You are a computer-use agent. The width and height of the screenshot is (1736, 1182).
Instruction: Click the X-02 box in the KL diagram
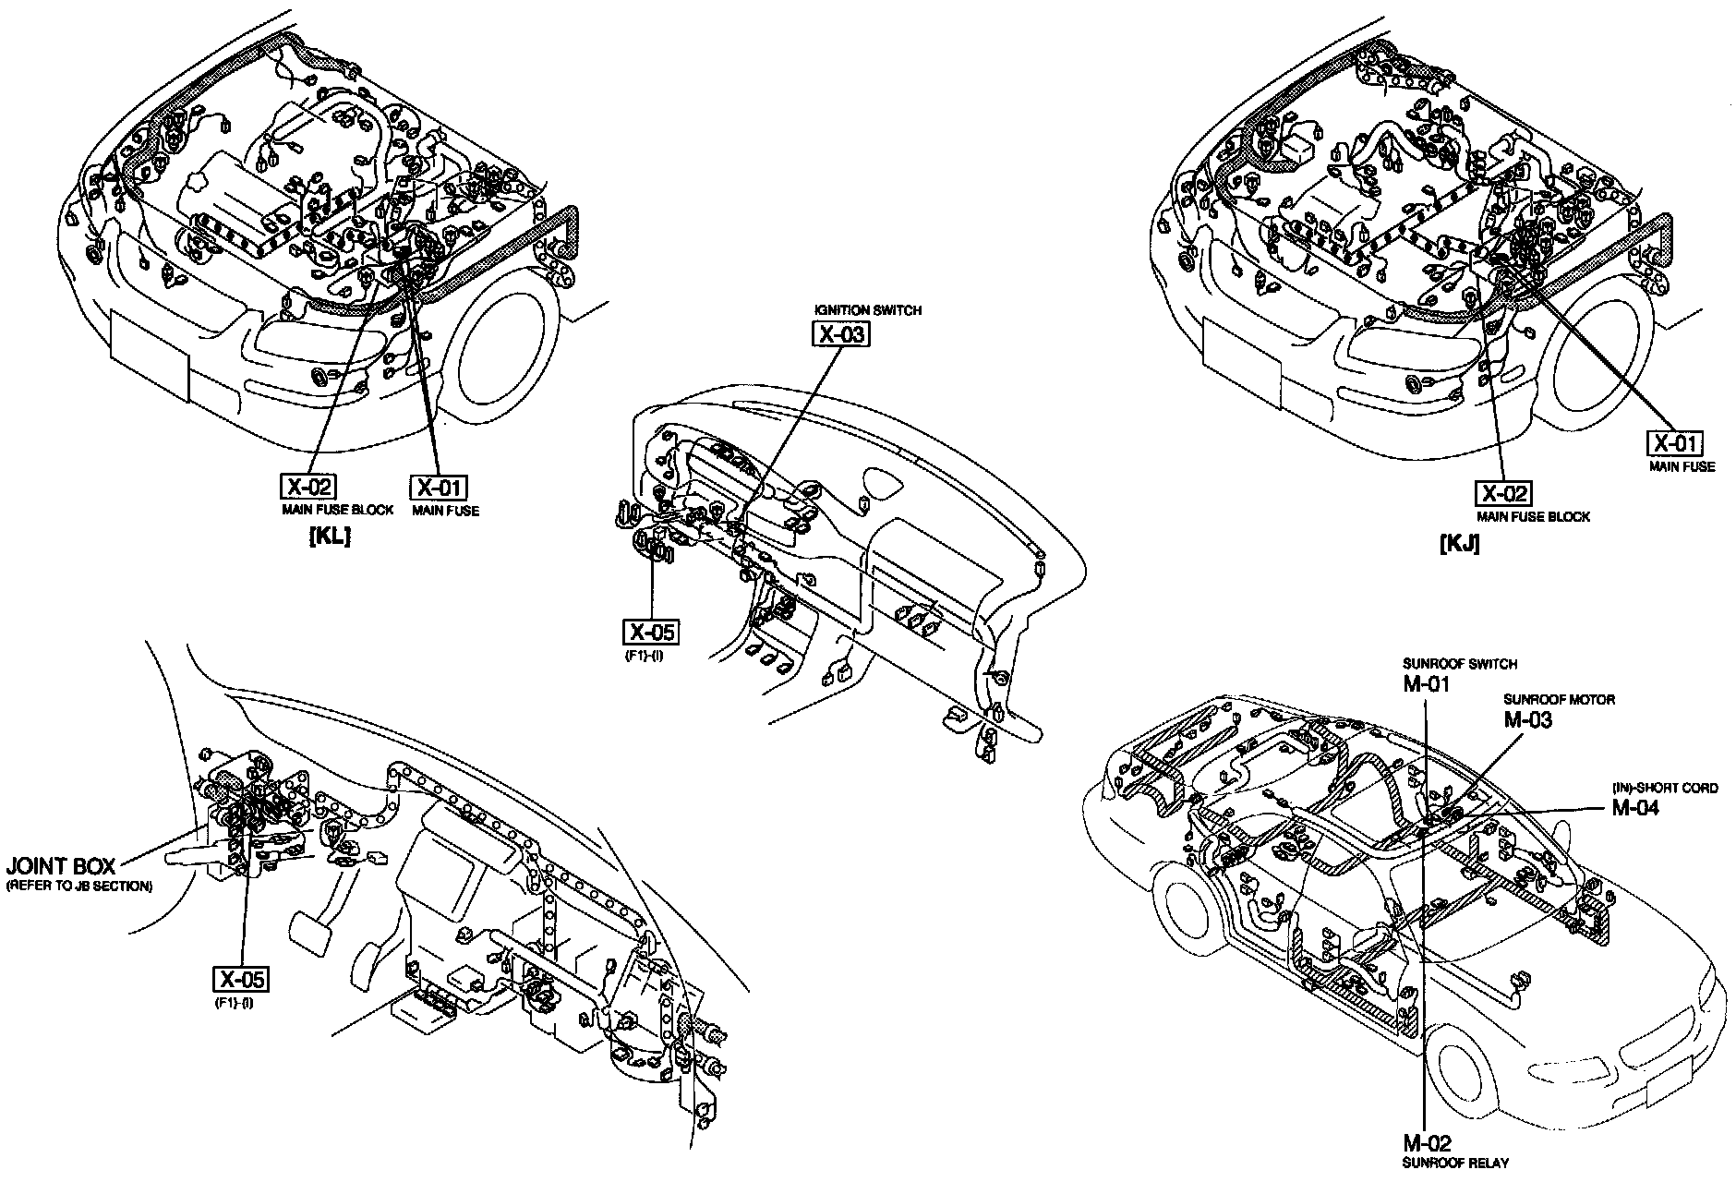[307, 487]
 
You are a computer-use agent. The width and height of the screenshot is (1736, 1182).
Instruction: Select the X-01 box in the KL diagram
[439, 488]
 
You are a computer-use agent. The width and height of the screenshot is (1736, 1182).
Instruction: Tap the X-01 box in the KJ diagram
[1676, 443]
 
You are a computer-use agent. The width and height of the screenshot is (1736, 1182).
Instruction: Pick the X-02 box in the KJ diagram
[1502, 493]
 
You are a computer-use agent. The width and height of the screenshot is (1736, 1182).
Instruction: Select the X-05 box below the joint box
[243, 980]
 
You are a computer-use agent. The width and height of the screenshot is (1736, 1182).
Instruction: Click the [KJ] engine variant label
[1459, 544]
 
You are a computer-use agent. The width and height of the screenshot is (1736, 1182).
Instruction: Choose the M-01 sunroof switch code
[1426, 684]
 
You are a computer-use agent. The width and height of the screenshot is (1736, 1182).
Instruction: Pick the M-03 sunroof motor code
[1527, 720]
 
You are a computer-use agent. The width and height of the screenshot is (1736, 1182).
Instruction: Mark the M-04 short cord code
[1635, 807]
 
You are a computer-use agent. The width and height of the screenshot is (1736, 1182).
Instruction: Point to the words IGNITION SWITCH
[867, 310]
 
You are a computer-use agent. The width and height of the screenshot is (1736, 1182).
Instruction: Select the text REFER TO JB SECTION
[79, 886]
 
